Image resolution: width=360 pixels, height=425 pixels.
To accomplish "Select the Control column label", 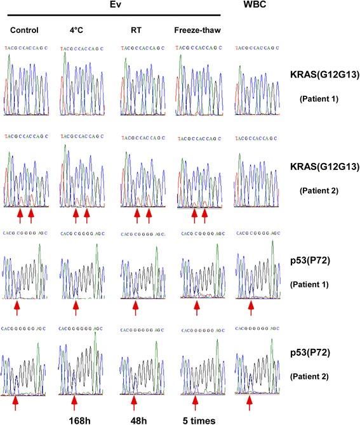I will [x=25, y=30].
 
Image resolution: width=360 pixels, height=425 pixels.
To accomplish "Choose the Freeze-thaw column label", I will [x=196, y=30].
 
